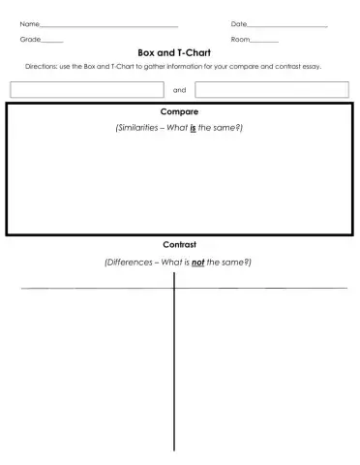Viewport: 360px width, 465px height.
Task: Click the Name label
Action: (x=30, y=23)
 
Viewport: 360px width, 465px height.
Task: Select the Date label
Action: (x=239, y=23)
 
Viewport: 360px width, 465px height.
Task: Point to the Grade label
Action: (x=30, y=39)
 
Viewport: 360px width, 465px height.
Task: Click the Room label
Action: (x=240, y=39)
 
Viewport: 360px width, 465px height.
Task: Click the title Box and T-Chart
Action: (x=179, y=53)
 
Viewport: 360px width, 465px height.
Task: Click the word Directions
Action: (x=43, y=66)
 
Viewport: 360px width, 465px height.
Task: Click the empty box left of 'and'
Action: (x=86, y=89)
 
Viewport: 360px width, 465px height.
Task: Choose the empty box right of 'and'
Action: (x=272, y=89)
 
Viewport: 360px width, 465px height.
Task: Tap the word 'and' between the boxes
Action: (x=179, y=90)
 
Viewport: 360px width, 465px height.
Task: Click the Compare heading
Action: (x=179, y=112)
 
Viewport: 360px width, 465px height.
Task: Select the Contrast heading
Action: (x=179, y=245)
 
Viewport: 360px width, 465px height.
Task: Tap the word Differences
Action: (x=129, y=262)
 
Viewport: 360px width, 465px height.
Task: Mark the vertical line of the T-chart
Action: (x=174, y=368)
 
